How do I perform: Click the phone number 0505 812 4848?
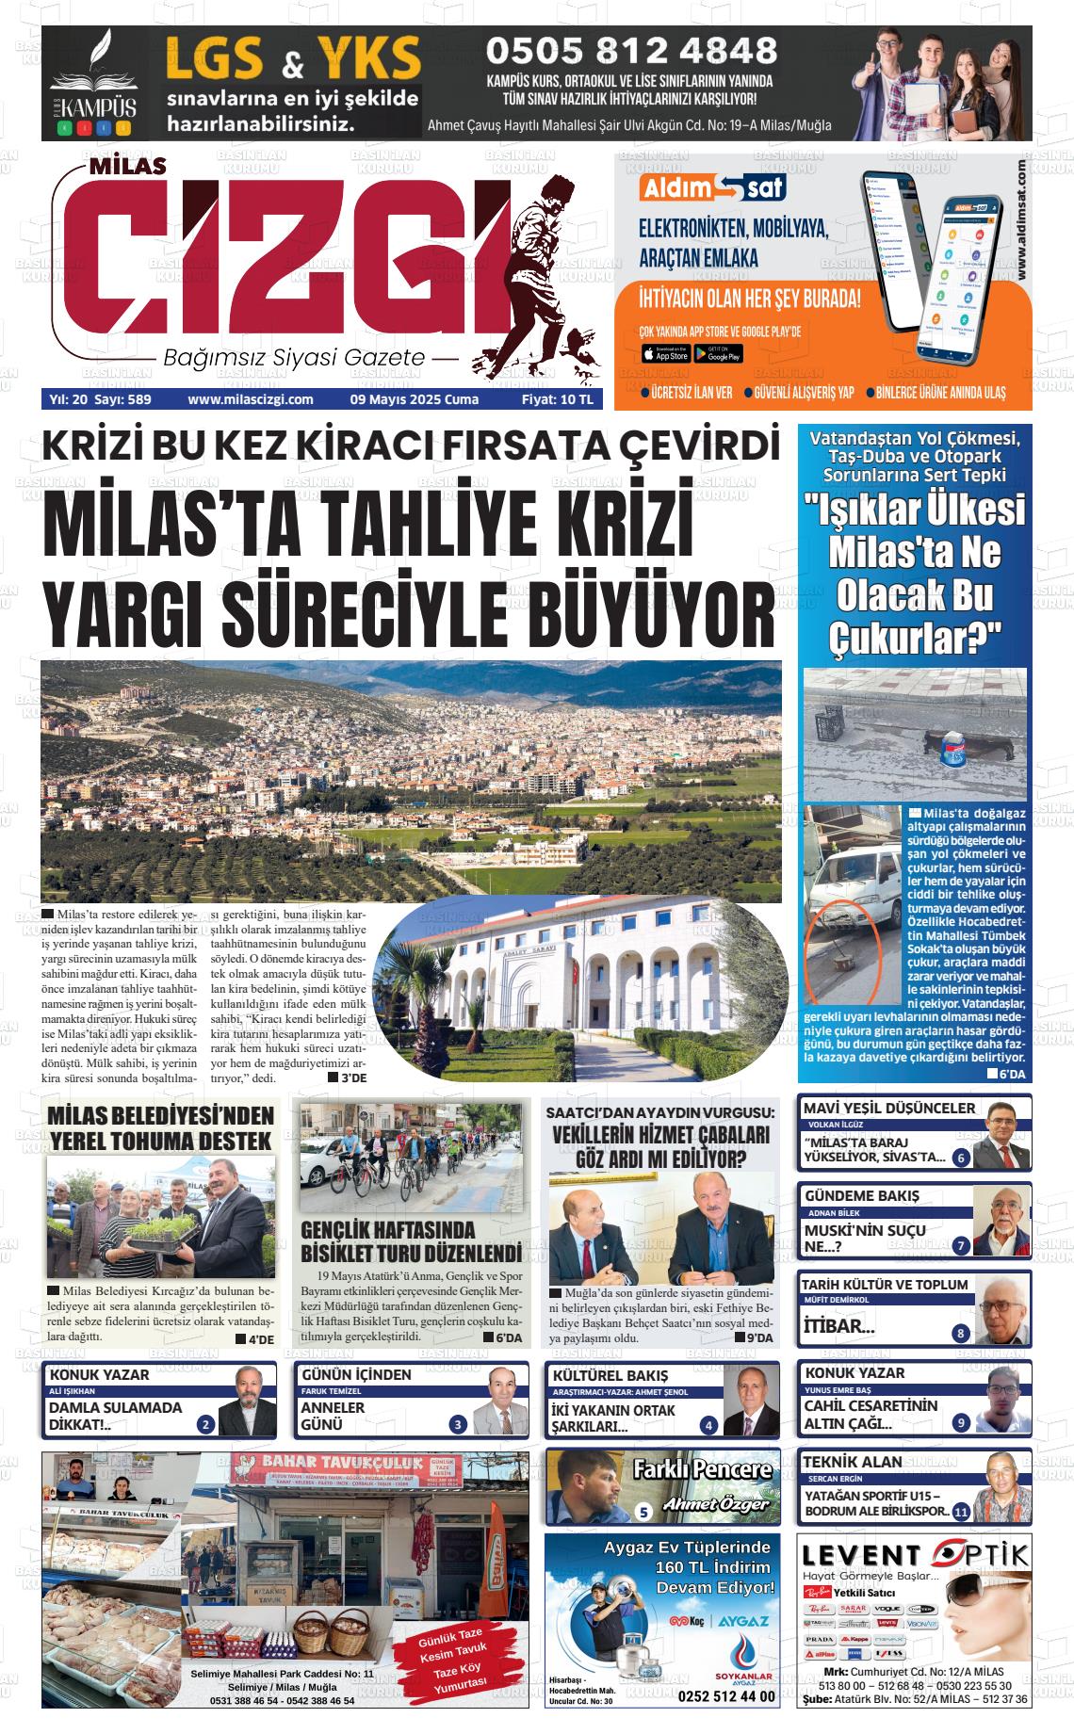coord(630,50)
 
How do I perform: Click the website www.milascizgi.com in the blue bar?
coord(251,399)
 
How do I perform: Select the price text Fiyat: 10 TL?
coord(558,399)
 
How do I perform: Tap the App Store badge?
coord(665,354)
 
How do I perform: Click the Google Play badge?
coord(718,354)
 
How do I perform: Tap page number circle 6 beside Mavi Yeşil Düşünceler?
coord(961,1159)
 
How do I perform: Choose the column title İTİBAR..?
coord(839,1327)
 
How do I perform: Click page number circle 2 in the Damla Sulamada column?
coord(205,1425)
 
